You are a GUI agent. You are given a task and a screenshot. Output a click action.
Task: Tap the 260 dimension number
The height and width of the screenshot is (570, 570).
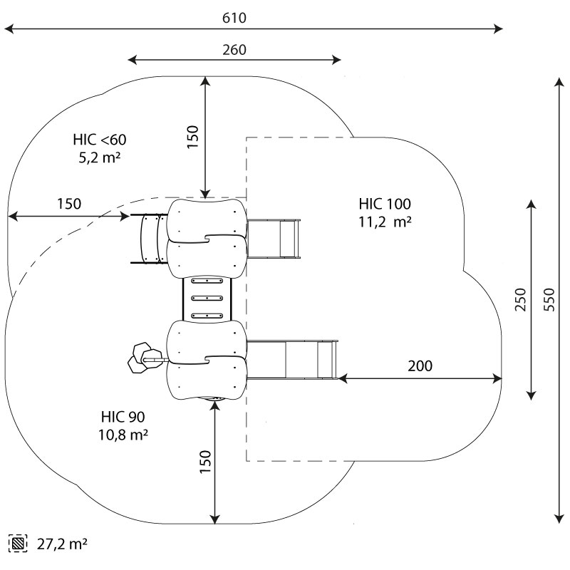click(234, 50)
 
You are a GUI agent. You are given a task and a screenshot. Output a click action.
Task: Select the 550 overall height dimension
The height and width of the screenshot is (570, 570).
click(548, 300)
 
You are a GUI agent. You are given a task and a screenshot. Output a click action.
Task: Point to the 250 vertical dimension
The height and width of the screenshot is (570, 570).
click(520, 300)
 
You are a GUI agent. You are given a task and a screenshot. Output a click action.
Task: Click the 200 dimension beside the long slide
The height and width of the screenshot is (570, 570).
click(420, 366)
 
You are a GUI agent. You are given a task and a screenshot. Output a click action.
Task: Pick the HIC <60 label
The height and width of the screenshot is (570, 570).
click(99, 139)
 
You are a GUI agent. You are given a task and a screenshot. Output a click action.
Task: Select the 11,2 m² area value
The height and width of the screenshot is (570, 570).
click(385, 222)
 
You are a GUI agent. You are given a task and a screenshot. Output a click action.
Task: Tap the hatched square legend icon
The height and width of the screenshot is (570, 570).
click(19, 544)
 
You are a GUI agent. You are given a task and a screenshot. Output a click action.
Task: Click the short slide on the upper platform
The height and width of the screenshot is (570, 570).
click(275, 239)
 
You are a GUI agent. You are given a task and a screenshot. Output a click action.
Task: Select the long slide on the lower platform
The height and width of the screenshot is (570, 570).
click(292, 360)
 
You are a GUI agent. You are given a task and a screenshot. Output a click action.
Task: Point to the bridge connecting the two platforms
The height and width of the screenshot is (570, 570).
click(208, 300)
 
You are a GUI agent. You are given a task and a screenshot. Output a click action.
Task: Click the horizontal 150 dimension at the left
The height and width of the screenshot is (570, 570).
click(69, 204)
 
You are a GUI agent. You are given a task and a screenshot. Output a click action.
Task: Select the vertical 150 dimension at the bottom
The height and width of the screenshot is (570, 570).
click(205, 464)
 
